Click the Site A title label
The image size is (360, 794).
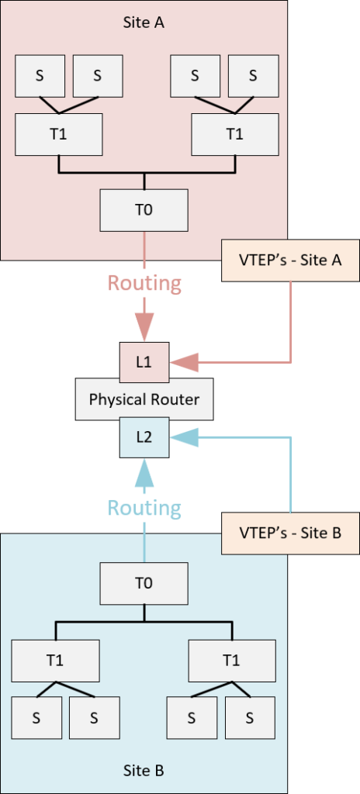pyautogui.click(x=144, y=22)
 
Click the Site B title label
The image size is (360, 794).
pyautogui.click(x=144, y=771)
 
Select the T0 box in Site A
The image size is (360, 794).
pyautogui.click(x=144, y=210)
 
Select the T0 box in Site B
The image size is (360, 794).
pyautogui.click(x=144, y=584)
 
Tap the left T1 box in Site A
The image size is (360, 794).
pyautogui.click(x=59, y=134)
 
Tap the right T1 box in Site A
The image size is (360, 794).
pyautogui.click(x=234, y=134)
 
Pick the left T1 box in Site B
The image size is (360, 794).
pyautogui.click(x=56, y=661)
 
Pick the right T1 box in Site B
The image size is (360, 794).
pyautogui.click(x=232, y=661)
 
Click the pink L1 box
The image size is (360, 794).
pyautogui.click(x=144, y=363)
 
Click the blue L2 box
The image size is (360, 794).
pyautogui.click(x=144, y=437)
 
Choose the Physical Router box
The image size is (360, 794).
pyautogui.click(x=144, y=399)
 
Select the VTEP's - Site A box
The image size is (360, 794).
pyautogui.click(x=290, y=261)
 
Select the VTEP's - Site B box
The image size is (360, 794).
pyautogui.click(x=290, y=533)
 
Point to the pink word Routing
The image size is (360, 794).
pyautogui.click(x=144, y=283)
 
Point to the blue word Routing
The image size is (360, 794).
pyautogui.click(x=144, y=507)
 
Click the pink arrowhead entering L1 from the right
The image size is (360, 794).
pyautogui.click(x=184, y=363)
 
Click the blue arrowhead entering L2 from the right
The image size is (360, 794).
pyautogui.click(x=184, y=437)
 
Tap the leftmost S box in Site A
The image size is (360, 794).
pyautogui.click(x=40, y=75)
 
